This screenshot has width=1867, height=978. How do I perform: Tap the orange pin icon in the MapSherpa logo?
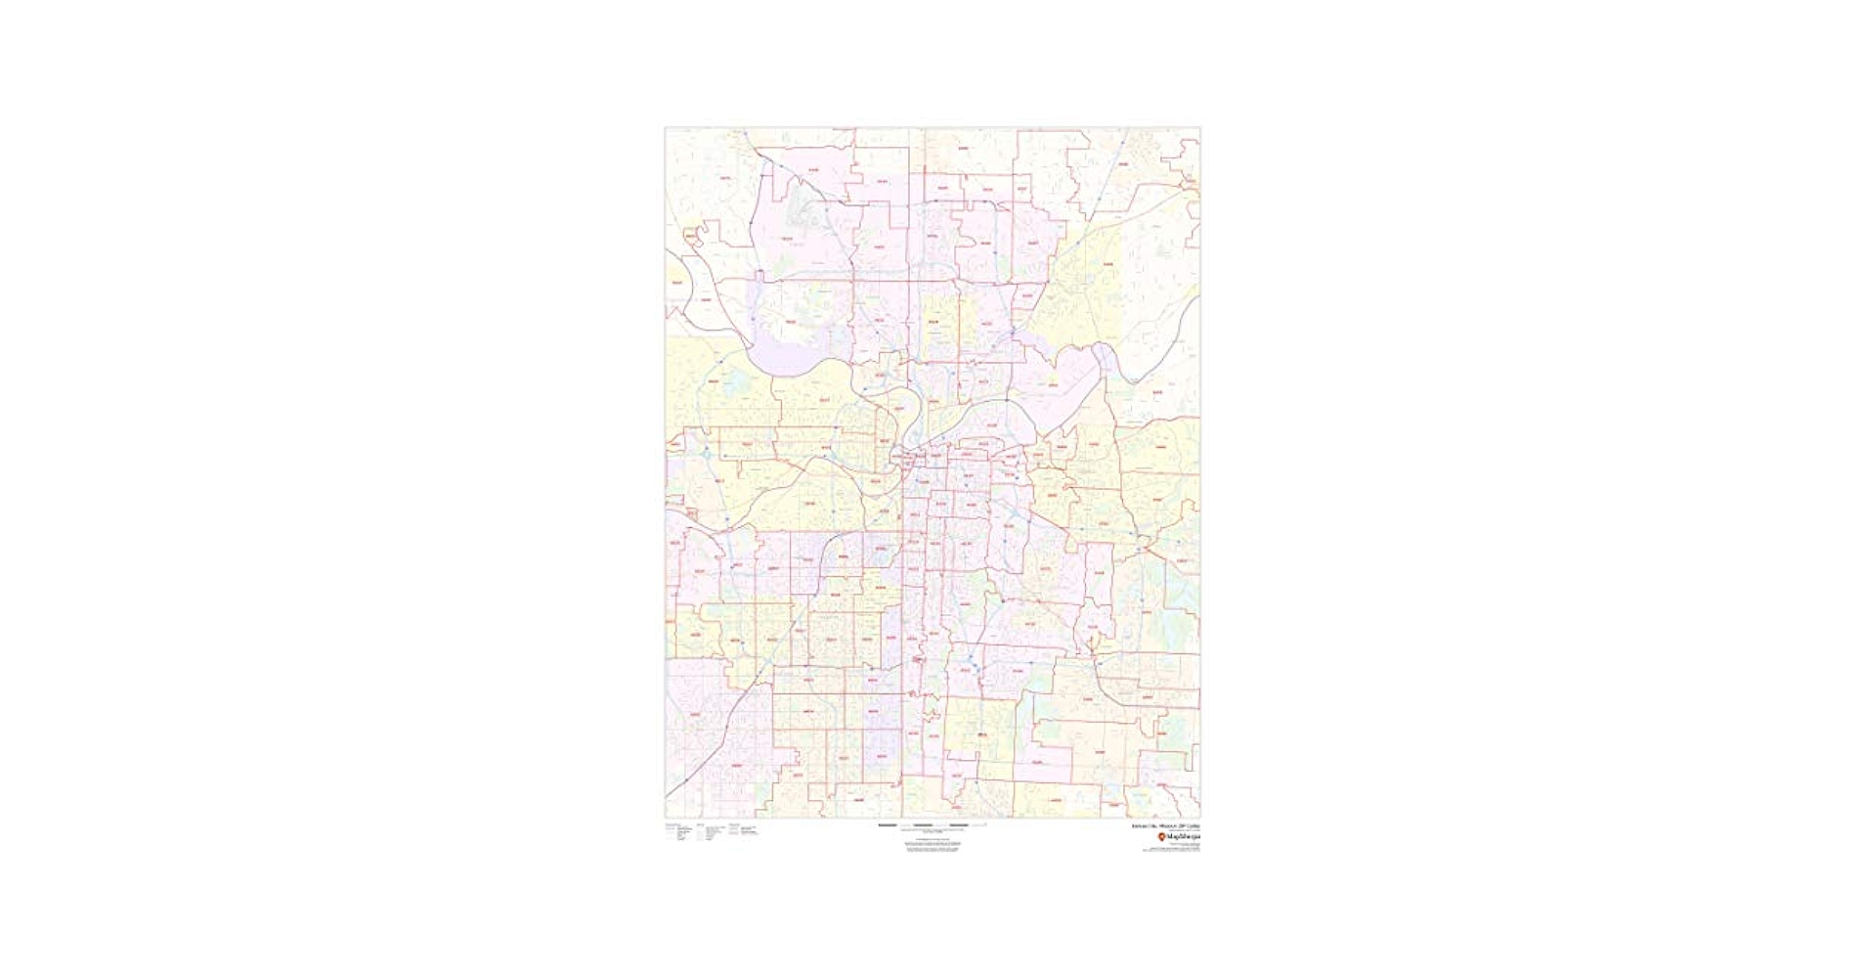tap(1161, 837)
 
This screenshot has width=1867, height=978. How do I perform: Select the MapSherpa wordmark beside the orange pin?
tap(1183, 837)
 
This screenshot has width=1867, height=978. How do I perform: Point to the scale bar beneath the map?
tap(933, 824)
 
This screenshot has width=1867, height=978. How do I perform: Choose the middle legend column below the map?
tap(711, 832)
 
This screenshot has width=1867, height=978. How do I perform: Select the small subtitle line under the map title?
tap(1177, 831)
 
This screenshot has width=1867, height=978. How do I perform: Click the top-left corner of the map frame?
tap(666, 128)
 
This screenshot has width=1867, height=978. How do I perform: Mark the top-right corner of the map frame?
tap(1199, 128)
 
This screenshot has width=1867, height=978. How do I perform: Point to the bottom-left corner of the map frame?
tap(666, 817)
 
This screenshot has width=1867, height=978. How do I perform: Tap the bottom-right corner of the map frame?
tap(1199, 817)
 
